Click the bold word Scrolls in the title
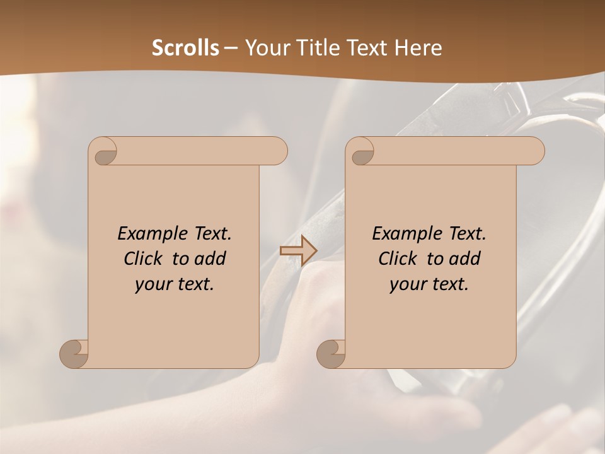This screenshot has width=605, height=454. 186,48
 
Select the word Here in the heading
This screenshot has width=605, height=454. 418,48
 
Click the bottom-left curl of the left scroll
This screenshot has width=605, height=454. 74,354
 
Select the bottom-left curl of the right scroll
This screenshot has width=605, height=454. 331,354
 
